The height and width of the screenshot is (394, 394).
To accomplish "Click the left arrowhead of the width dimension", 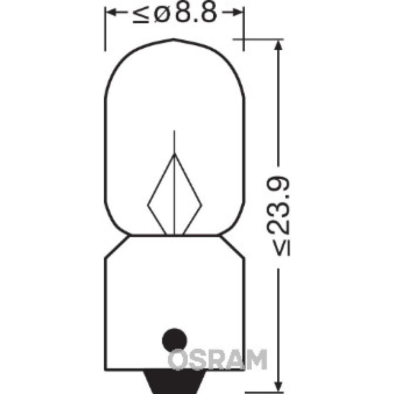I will tap(111, 13).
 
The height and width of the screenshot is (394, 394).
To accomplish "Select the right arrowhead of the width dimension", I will tap(239, 13).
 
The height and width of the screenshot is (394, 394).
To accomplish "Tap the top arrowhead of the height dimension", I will tap(279, 44).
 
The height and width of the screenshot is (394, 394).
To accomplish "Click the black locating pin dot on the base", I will tap(174, 340).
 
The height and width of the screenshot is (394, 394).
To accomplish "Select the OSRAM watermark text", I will tap(217, 359).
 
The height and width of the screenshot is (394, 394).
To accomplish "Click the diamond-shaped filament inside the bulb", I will tap(174, 197).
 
